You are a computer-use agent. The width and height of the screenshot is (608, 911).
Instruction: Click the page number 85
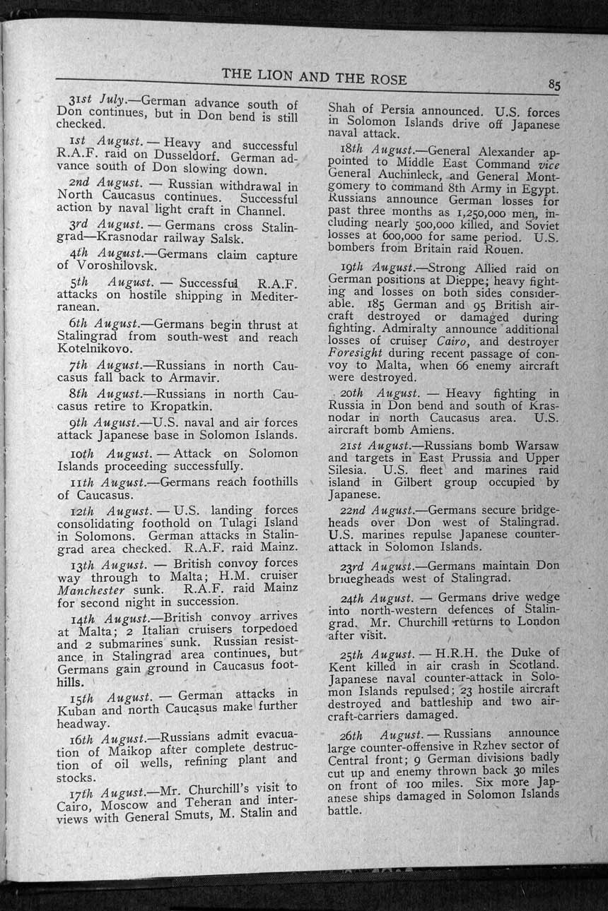554,85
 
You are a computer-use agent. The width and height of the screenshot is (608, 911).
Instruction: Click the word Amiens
429,429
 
